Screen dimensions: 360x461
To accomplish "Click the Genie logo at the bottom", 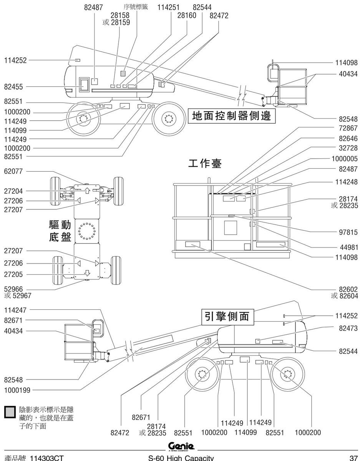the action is click(181, 446).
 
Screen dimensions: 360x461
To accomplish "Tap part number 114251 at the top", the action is click(168, 7).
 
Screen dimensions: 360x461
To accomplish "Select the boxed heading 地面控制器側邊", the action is click(232, 116).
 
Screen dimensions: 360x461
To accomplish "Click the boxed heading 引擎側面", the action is click(227, 317).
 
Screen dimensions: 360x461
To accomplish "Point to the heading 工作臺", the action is click(205, 164).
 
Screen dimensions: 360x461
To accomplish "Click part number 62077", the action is click(13, 171).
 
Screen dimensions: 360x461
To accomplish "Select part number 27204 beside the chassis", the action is click(13, 191).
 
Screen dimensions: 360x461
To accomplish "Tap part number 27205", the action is click(13, 275).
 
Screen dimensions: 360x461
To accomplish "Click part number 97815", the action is click(348, 232).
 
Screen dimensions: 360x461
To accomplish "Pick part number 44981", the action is click(349, 247).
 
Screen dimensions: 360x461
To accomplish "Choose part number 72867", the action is click(348, 128).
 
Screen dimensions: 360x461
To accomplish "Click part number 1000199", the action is click(17, 390).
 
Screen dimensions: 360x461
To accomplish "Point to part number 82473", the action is click(348, 328).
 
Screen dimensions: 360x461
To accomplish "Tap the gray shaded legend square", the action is click(10, 412).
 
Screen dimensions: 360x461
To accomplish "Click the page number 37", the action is click(353, 458).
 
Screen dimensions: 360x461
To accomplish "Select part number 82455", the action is click(13, 87).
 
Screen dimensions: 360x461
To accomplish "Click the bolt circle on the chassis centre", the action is click(86, 231).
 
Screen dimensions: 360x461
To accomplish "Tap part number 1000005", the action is click(345, 159).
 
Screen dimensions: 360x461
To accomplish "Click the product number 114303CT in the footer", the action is click(46, 458).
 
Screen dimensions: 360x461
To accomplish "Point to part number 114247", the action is click(15, 310).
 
